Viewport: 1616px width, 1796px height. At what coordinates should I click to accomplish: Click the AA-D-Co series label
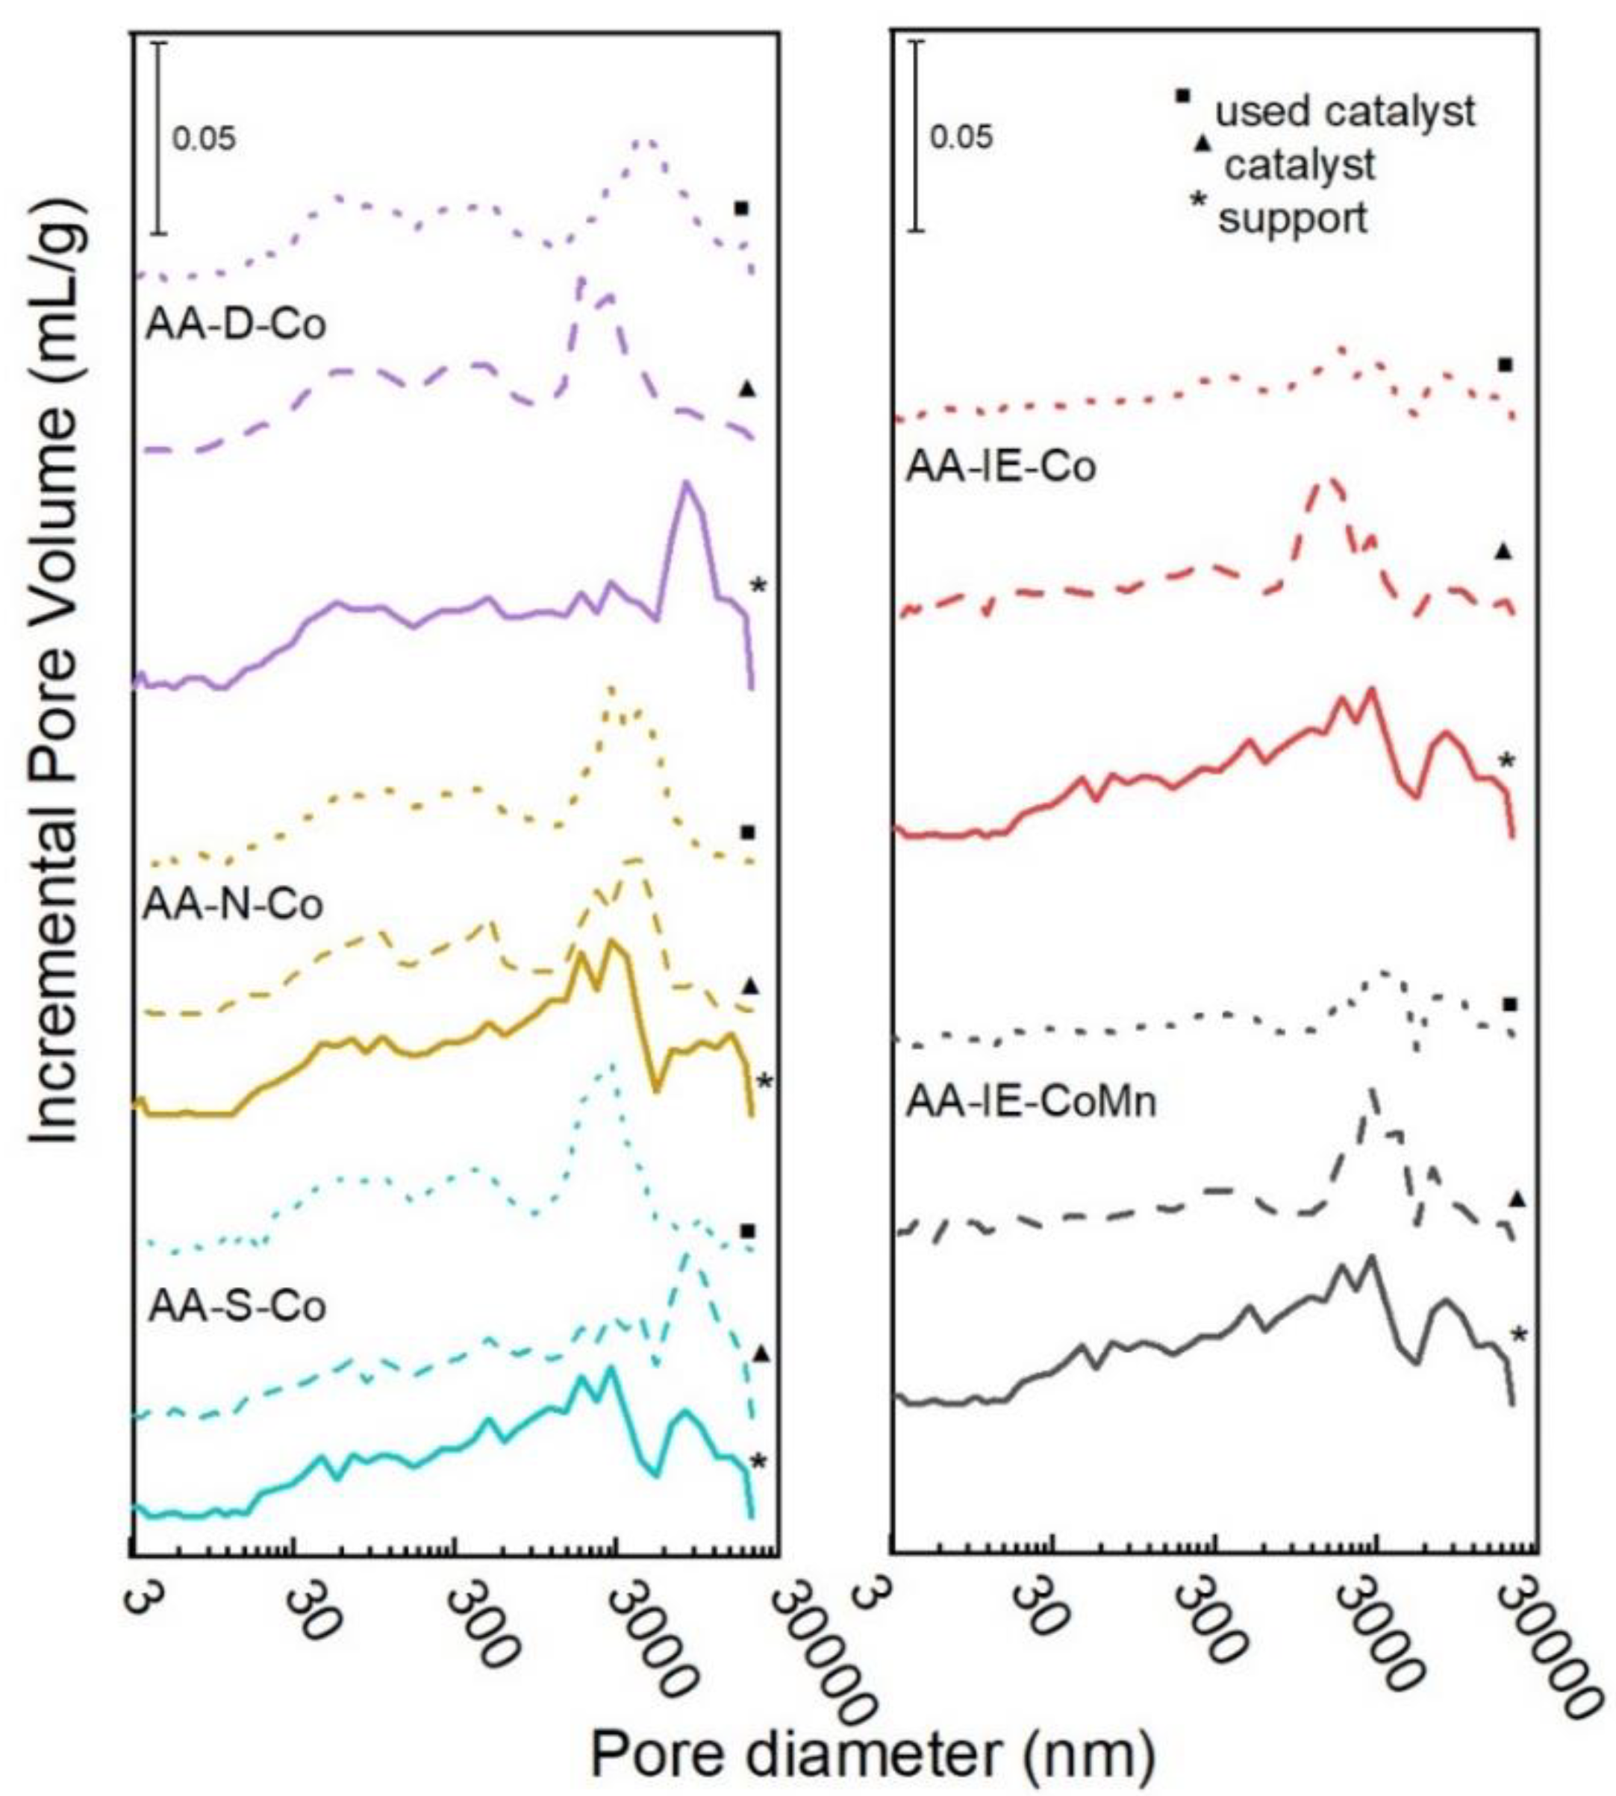click(235, 325)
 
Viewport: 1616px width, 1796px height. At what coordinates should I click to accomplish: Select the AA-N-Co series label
click(233, 904)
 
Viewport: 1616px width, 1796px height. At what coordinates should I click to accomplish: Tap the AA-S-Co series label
click(237, 1306)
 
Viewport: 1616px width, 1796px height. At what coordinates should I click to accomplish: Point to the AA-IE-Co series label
click(1001, 467)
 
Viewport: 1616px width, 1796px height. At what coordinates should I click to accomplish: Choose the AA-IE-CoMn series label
click(1031, 1102)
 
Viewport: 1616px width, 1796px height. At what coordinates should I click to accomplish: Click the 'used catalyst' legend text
click(1344, 112)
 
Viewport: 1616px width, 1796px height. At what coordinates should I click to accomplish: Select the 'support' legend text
click(1292, 219)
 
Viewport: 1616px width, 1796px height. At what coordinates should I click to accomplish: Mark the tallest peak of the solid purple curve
click(684, 483)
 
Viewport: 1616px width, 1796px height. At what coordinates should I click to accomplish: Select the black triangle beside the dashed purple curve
click(748, 388)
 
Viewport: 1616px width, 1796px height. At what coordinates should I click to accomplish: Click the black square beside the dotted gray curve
click(1509, 1004)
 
